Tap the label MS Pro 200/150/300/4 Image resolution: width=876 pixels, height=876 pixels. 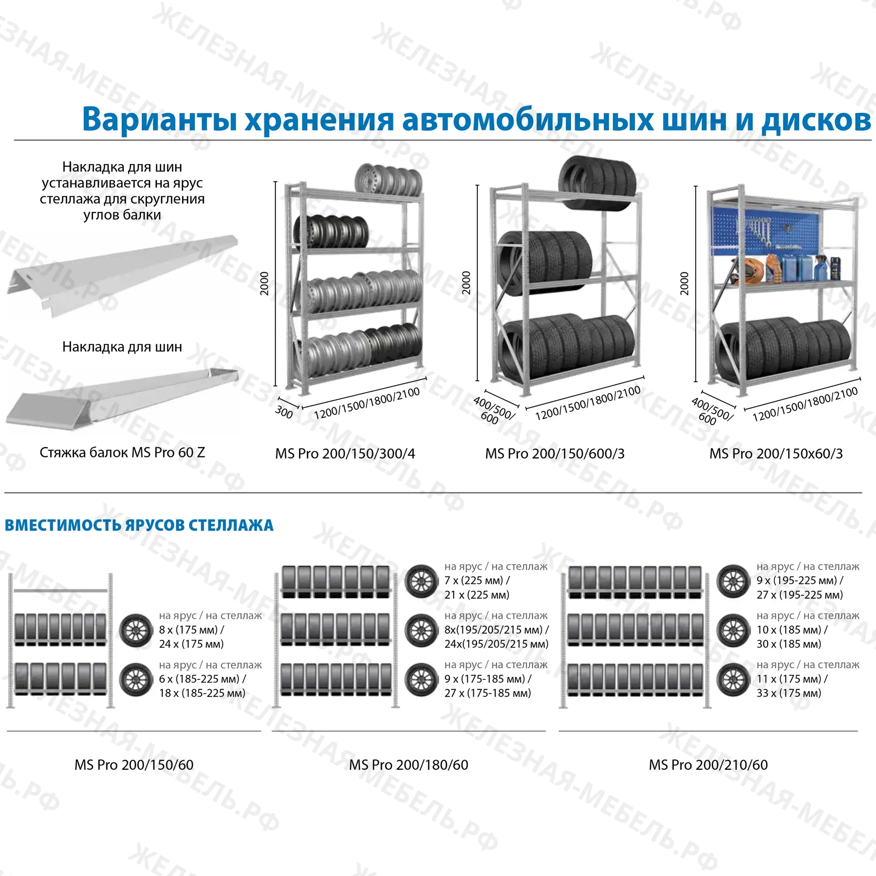345,453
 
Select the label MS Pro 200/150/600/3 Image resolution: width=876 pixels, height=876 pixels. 554,453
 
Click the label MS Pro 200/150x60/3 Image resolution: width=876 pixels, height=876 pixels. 776,453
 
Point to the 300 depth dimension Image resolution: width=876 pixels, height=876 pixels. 284,412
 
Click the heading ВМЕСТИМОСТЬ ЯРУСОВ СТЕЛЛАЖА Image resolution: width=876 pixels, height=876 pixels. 139,525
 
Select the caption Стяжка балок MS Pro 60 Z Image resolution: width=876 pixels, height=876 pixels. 122,452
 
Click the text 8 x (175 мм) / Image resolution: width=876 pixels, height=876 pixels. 191,630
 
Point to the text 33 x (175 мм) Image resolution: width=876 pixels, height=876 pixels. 788,693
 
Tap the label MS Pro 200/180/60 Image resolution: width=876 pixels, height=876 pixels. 408,765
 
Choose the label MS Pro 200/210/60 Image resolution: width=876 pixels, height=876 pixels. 708,765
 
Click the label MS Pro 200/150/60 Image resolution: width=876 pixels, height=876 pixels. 134,765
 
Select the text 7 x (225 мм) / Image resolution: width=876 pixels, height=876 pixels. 477,580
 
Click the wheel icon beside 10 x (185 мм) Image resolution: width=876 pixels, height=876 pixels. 733,630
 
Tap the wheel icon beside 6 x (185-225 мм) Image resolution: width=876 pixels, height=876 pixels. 135,680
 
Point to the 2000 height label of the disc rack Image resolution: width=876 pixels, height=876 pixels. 264,283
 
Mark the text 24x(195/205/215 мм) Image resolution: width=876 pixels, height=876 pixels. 496,644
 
